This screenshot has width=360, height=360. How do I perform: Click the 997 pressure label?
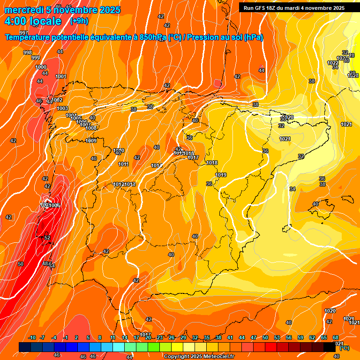(24, 32)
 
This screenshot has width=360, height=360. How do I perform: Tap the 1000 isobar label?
(41, 67)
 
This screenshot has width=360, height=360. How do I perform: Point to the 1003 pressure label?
(62, 108)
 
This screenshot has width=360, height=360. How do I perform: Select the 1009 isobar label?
(91, 141)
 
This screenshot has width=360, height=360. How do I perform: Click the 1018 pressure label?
(212, 163)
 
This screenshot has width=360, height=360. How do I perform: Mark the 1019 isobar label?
(221, 175)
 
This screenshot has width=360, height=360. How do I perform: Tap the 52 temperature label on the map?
(47, 238)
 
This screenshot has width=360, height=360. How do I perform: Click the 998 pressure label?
(28, 52)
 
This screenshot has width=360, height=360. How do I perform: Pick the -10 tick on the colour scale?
(32, 338)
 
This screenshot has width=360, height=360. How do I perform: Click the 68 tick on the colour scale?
(336, 338)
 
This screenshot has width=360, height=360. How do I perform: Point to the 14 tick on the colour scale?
(125, 338)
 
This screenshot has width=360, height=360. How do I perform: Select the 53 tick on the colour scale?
(277, 338)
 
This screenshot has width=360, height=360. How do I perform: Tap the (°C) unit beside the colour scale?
(345, 348)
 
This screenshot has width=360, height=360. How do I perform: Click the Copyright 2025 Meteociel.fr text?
(199, 356)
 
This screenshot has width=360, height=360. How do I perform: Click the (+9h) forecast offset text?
(79, 21)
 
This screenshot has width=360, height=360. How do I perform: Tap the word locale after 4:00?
(45, 21)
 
